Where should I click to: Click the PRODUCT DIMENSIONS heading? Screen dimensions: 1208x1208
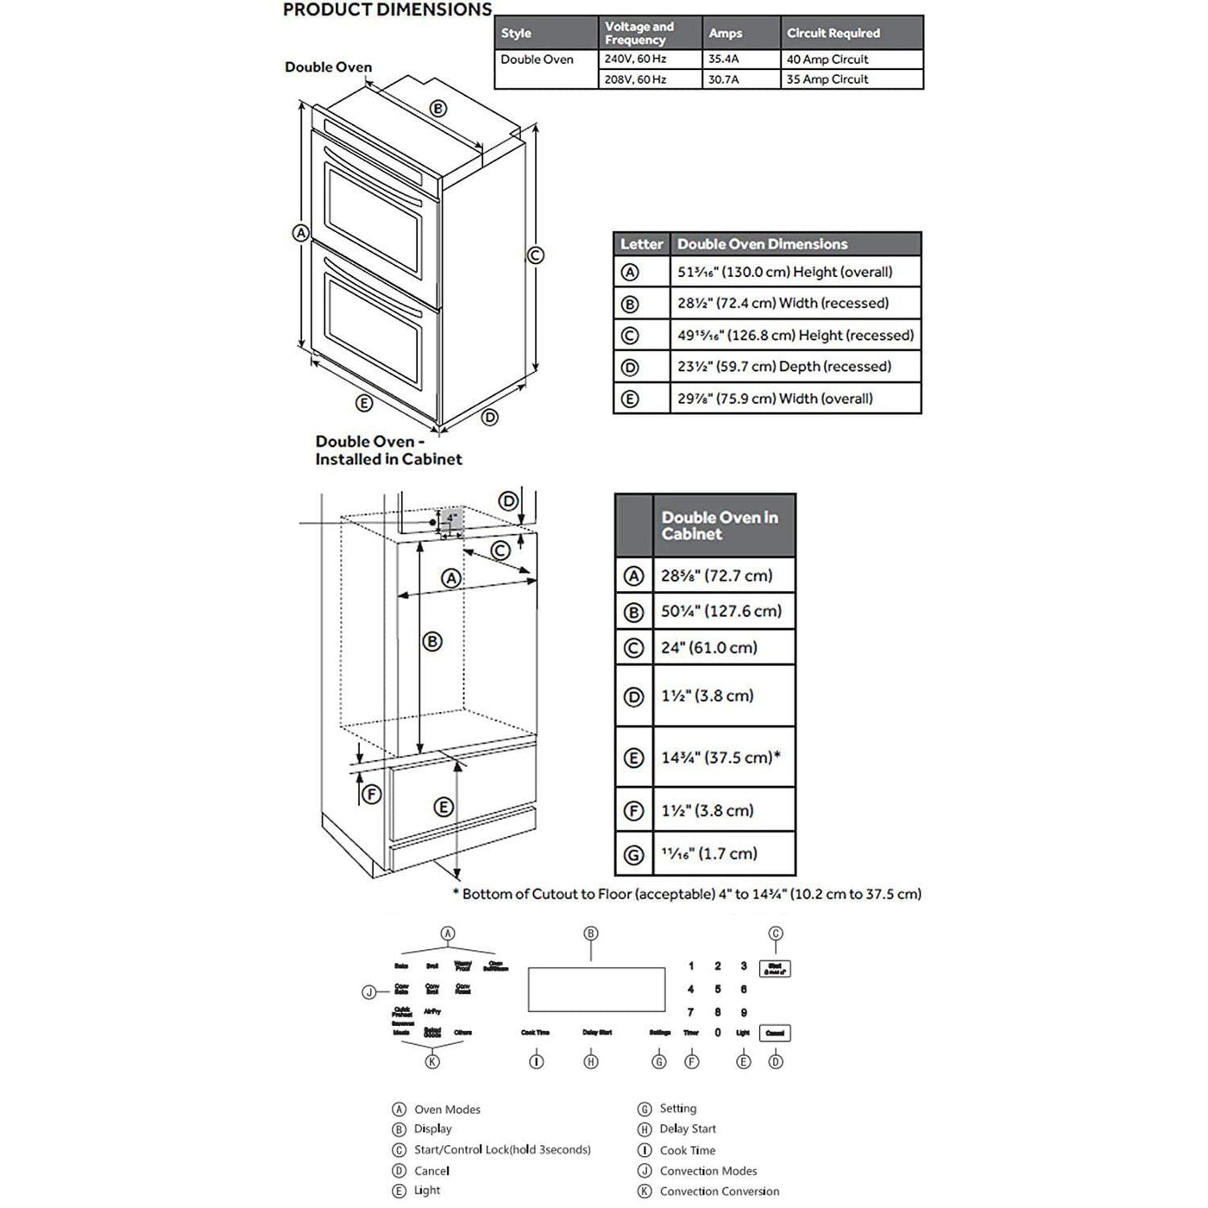coord(387,10)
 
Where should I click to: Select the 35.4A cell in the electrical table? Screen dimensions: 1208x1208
coord(724,60)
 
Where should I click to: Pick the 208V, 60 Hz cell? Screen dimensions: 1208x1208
coord(635,79)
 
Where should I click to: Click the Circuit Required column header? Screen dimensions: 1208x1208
coord(834,34)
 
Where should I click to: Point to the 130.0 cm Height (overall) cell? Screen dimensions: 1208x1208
coord(785,272)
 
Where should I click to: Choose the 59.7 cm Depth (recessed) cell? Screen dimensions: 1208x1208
coord(784,367)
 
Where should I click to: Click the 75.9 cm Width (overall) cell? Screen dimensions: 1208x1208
coord(775,399)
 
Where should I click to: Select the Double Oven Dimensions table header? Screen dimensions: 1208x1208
coord(763,244)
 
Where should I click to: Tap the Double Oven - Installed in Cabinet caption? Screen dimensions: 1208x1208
coord(388,450)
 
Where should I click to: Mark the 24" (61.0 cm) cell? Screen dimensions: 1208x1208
coord(709,648)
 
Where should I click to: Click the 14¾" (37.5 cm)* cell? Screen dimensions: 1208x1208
coord(720,758)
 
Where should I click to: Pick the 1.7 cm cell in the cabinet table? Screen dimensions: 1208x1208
coord(709,854)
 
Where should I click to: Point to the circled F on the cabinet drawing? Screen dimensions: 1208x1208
coord(371,794)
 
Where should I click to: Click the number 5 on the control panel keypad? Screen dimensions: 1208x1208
coord(718,990)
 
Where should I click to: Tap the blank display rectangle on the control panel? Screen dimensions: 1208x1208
coord(596,989)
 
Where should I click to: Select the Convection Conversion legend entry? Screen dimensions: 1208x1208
coord(720,1192)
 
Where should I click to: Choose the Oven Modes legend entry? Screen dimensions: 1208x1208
coord(447,1110)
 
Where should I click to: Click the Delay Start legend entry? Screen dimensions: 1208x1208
coord(688,1129)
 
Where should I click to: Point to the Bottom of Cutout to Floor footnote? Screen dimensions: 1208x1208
coord(688,894)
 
